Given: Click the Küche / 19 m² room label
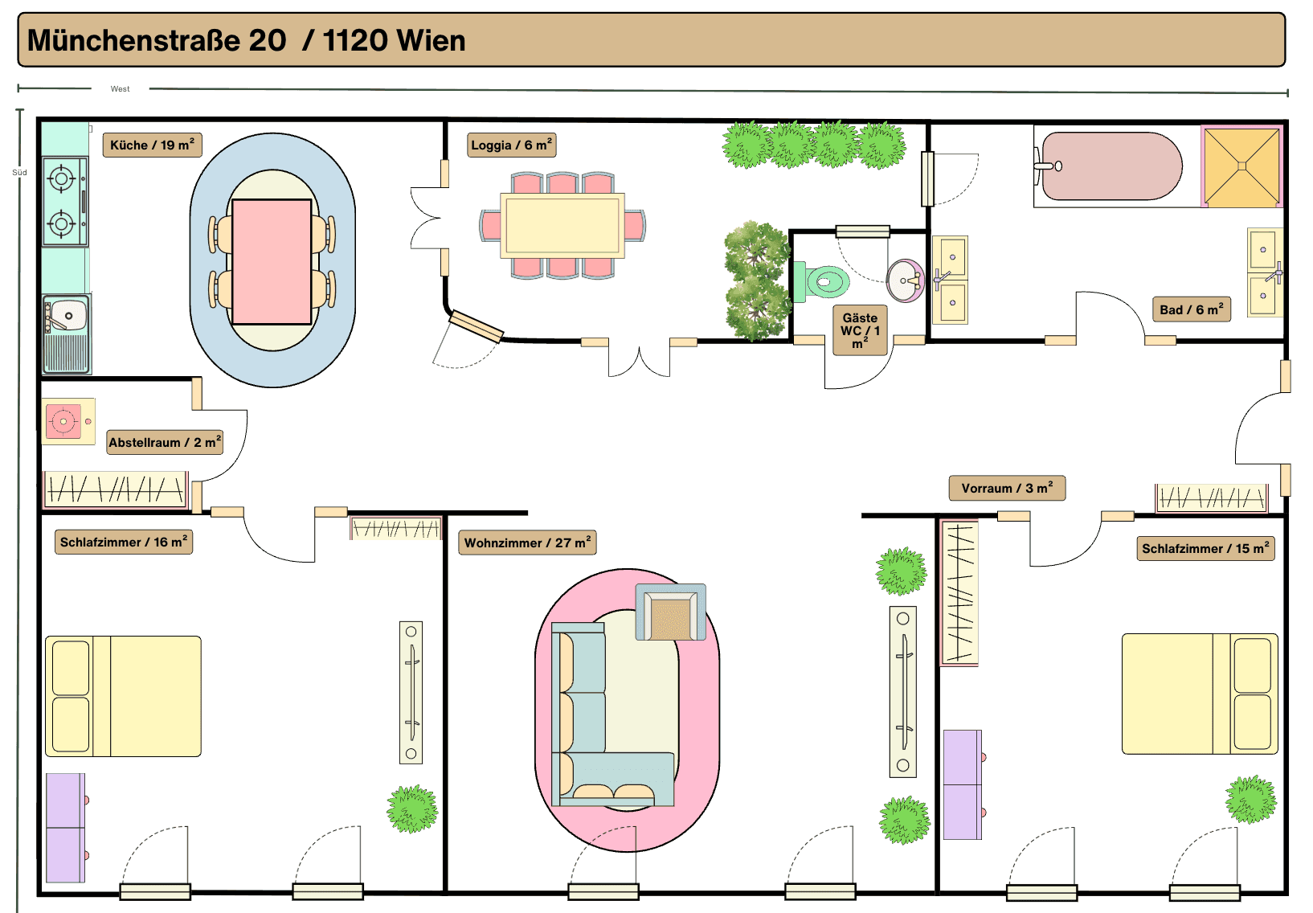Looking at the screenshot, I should tap(152, 145).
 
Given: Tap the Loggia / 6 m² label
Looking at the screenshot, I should tap(511, 145).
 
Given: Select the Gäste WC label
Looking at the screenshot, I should tap(860, 330).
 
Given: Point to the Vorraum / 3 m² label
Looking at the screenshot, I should tap(1006, 488).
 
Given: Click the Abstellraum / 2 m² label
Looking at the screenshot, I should tap(164, 442).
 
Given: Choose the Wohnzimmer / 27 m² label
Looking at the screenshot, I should tap(526, 542).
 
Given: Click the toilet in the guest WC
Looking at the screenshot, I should tap(821, 281).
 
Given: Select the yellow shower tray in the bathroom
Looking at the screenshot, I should tap(1241, 166).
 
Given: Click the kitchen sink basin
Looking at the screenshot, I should tap(67, 316).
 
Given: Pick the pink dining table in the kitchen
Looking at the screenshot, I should tap(272, 261).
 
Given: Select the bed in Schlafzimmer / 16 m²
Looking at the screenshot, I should tap(123, 696).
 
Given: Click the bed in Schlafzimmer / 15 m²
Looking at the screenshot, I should tap(1199, 694).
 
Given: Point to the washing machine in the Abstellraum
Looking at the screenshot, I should tap(67, 421).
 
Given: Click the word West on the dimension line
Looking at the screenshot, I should tap(120, 89).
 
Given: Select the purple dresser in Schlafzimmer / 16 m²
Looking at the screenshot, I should tap(65, 828).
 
